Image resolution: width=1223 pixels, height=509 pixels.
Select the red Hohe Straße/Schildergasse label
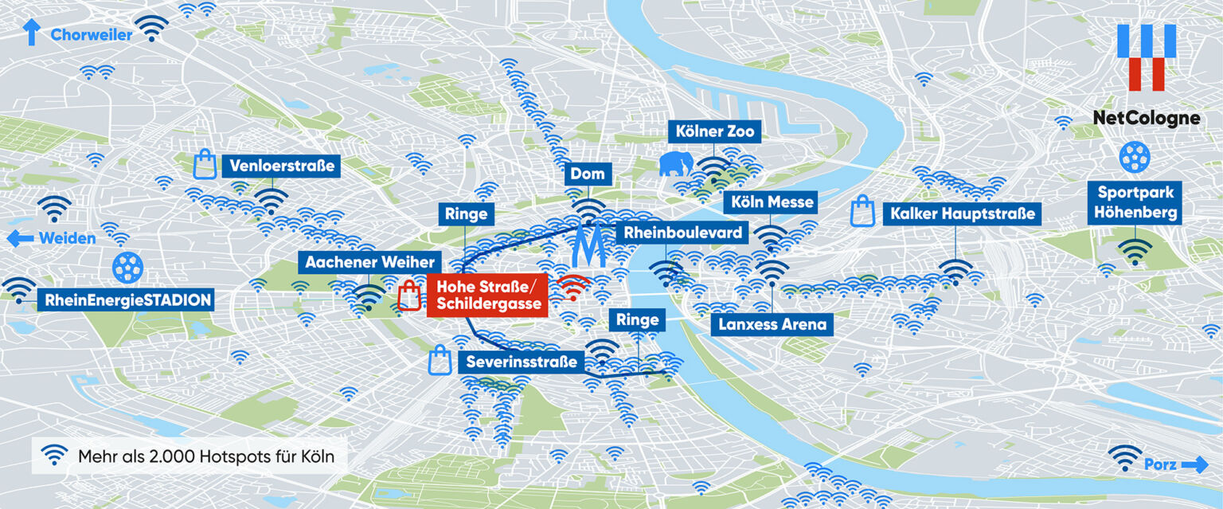pos(487,295)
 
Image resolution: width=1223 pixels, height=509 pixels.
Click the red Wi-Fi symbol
pos(573,286)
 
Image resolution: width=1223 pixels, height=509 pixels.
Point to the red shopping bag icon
pos(409,296)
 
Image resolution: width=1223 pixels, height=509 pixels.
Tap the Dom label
pos(588,174)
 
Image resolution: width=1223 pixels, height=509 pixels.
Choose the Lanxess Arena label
pos(772,324)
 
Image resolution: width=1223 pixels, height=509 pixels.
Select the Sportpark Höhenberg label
pos(1135,202)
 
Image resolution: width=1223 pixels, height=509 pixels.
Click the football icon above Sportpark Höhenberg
pos(1134,157)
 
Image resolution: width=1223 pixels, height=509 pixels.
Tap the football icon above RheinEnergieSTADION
pos(127,268)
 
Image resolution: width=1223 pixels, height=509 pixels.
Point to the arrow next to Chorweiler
pos(32,33)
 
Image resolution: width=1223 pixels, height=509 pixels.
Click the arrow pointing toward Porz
pos(1194,464)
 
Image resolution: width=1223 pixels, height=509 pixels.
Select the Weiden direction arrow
pos(20,238)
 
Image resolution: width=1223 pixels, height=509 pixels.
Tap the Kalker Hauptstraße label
pos(963,213)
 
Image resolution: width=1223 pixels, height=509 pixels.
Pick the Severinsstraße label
pos(518,362)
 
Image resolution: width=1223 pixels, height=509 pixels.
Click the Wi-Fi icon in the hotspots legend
pos(54,456)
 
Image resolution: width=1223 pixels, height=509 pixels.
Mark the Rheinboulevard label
pos(683,233)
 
